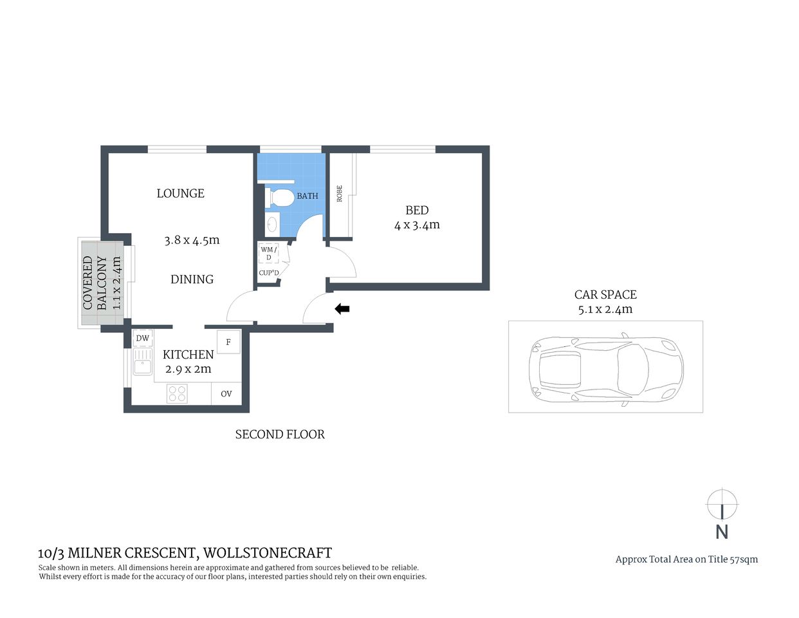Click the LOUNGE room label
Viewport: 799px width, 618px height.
[180, 193]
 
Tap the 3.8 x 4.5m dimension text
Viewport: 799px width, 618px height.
[192, 240]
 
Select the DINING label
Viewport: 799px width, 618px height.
[192, 279]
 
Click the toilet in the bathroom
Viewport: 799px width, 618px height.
[279, 197]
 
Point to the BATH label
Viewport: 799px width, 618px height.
[307, 196]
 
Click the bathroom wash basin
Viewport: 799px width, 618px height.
[272, 224]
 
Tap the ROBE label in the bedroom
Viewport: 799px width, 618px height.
[340, 194]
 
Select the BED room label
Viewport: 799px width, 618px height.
[417, 211]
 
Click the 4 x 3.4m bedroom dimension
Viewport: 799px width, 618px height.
[417, 225]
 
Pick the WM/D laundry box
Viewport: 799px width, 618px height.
[268, 254]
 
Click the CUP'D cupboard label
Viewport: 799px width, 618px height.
[268, 273]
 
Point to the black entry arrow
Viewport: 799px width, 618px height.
[342, 309]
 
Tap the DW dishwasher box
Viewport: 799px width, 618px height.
[142, 339]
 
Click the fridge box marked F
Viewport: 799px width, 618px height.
[228, 342]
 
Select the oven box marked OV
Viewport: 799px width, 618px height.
[226, 394]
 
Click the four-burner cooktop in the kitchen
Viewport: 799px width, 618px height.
[177, 393]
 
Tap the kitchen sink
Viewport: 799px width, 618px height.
[142, 362]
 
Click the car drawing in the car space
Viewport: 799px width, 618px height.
[605, 370]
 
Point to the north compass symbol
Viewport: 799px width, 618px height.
[722, 505]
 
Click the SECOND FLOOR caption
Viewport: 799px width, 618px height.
[280, 435]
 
